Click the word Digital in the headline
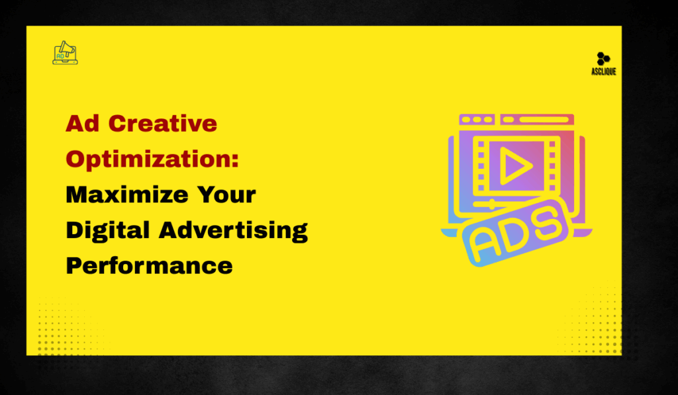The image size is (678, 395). pos(107,230)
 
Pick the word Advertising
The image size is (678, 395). pos(234,230)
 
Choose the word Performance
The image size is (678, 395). pos(149,265)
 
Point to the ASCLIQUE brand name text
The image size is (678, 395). pos(603,71)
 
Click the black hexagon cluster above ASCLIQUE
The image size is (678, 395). pos(603,58)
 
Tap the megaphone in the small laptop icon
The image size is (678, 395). pos(68,48)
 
